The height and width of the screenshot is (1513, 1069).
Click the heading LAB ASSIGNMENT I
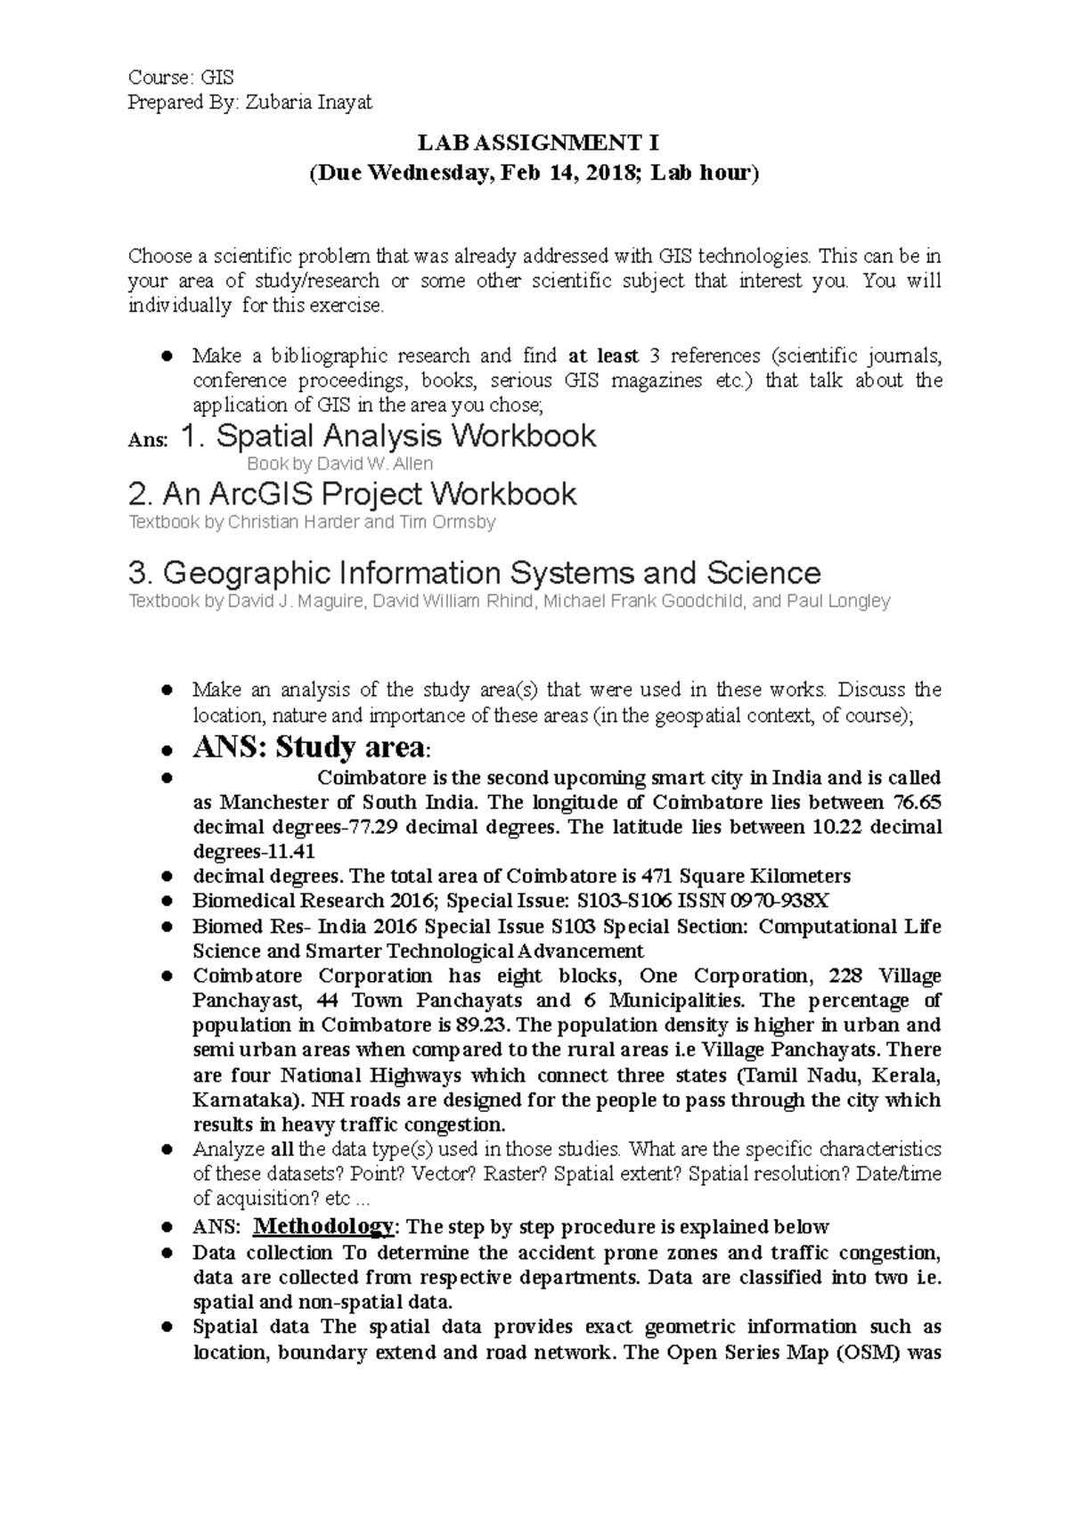coord(534,143)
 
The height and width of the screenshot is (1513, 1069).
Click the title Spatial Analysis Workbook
coord(405,437)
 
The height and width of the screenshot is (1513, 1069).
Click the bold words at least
coord(604,356)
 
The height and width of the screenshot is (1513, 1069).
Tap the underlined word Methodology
coord(322,1226)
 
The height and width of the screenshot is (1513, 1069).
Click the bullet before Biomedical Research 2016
coord(166,901)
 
